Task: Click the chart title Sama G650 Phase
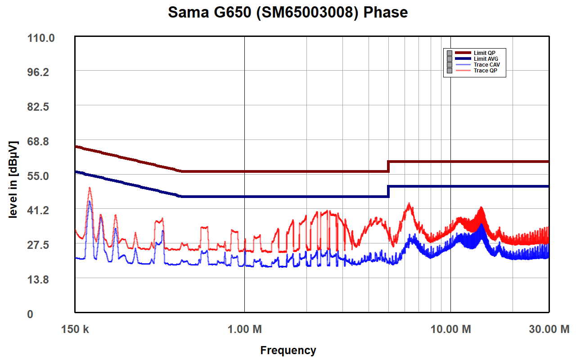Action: pyautogui.click(x=288, y=12)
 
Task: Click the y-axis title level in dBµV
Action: pyautogui.click(x=13, y=180)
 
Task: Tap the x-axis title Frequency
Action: pyautogui.click(x=288, y=350)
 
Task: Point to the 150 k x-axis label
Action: pyautogui.click(x=75, y=329)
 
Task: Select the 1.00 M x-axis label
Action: pyautogui.click(x=244, y=329)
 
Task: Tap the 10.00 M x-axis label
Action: pyautogui.click(x=450, y=329)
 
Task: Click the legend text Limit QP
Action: pyautogui.click(x=484, y=53)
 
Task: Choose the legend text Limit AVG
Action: pyautogui.click(x=486, y=59)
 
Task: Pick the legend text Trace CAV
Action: pyautogui.click(x=486, y=65)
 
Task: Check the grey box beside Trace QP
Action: pyautogui.click(x=449, y=71)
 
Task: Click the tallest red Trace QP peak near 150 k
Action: pyautogui.click(x=90, y=188)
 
